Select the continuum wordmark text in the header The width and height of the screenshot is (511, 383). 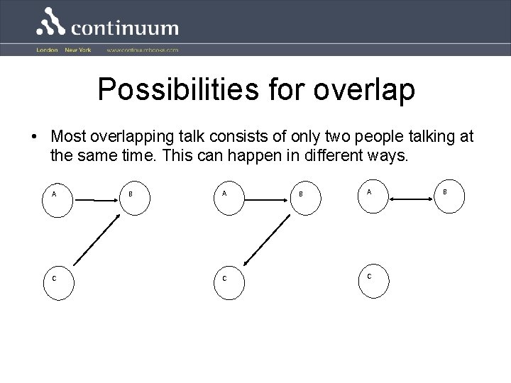point(125,28)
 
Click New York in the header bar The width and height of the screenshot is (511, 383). point(77,50)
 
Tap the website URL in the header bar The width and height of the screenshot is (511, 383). point(142,50)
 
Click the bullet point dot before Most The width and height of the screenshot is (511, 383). point(33,136)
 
